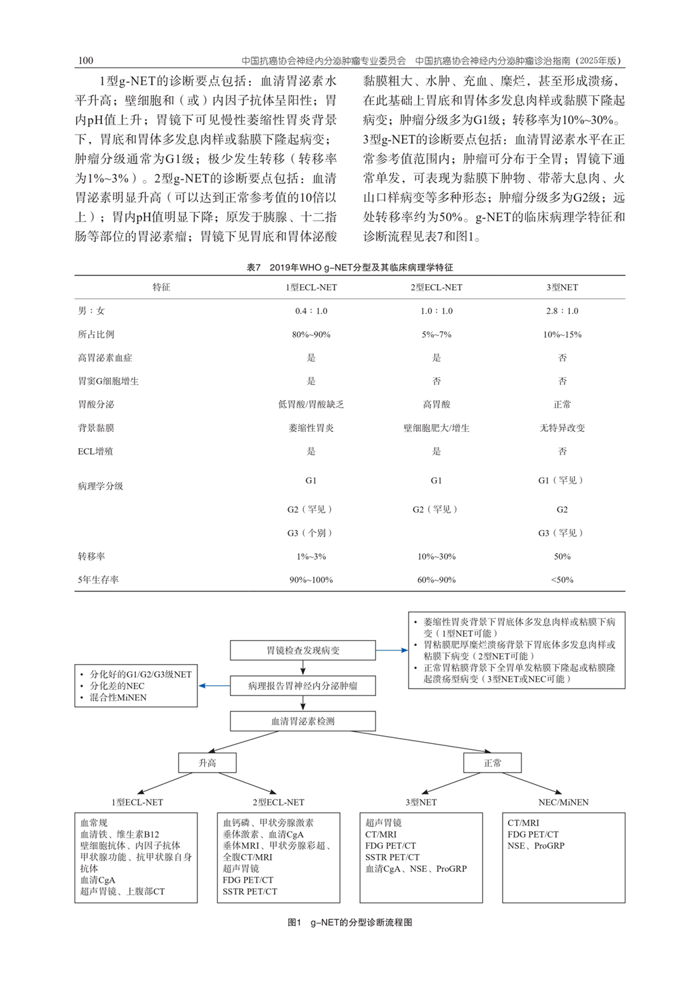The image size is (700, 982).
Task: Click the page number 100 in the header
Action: (85, 61)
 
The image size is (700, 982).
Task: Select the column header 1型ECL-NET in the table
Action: (311, 287)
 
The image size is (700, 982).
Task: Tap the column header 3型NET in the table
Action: (562, 287)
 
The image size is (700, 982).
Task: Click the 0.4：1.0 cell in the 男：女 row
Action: (311, 311)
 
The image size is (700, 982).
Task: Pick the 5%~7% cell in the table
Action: (436, 334)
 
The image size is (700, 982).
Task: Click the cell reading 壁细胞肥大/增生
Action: (436, 428)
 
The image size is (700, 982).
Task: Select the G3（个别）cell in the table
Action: (311, 533)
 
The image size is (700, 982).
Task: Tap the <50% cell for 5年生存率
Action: (562, 579)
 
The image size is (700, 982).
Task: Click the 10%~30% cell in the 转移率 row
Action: (436, 556)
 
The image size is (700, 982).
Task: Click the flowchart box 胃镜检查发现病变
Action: (303, 650)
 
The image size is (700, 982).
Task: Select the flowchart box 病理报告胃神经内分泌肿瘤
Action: (303, 685)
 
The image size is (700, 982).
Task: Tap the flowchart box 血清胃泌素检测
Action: (303, 721)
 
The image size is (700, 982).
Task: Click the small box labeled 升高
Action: (207, 763)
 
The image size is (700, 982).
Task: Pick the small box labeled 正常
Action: (492, 763)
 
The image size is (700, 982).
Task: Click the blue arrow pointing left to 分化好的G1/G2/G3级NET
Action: (213, 685)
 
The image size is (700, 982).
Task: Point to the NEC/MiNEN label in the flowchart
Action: (563, 802)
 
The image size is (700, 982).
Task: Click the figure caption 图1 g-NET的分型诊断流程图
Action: (349, 922)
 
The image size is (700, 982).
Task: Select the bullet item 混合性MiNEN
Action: (118, 697)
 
